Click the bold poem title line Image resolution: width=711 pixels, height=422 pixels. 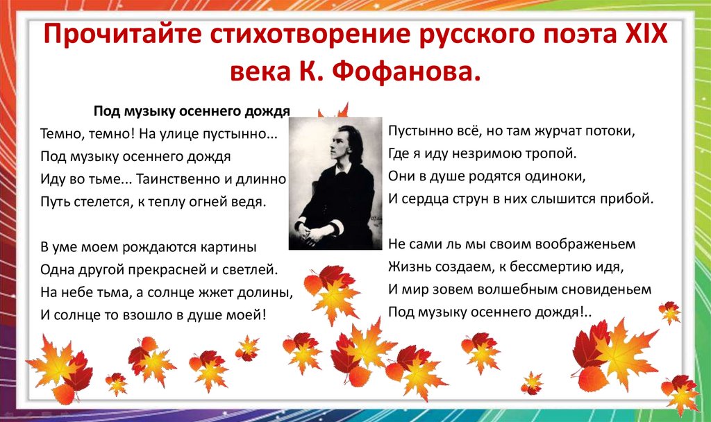192,110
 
